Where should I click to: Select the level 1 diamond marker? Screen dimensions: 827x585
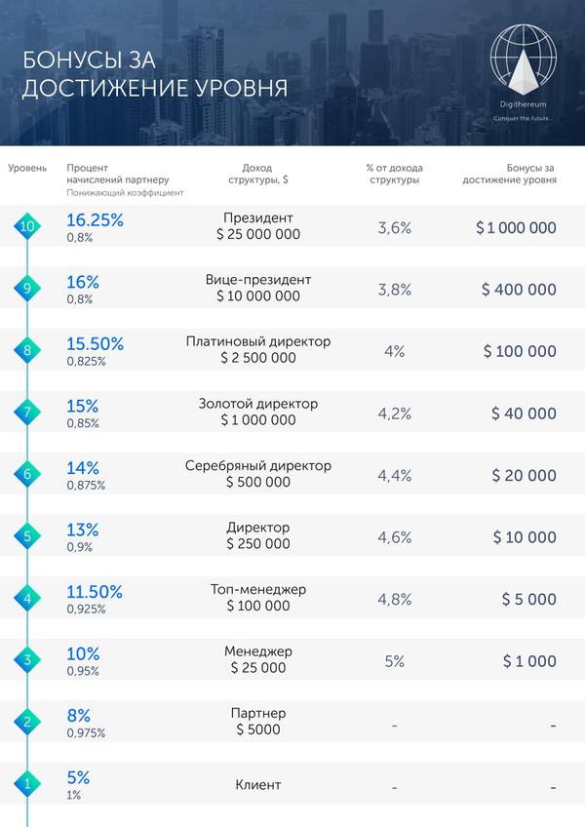28,784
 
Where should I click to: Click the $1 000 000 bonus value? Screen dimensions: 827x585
516,227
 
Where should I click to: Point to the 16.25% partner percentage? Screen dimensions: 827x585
95,220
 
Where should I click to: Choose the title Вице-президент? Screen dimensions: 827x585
258,280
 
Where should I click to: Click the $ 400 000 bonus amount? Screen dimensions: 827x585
519,290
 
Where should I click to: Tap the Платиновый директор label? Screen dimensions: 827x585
258,341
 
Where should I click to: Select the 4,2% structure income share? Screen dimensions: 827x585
395,413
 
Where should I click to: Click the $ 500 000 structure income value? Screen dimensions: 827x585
258,482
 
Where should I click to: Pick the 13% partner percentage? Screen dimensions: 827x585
83,530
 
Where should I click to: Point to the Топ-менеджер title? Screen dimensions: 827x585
258,589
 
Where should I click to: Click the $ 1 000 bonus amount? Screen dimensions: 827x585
529,661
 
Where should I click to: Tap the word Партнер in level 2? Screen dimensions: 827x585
258,713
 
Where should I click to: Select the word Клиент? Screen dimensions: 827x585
258,784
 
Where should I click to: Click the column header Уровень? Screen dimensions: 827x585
27,168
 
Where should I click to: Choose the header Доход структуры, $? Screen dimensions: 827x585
258,174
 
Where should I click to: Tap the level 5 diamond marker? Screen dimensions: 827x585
28,536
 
